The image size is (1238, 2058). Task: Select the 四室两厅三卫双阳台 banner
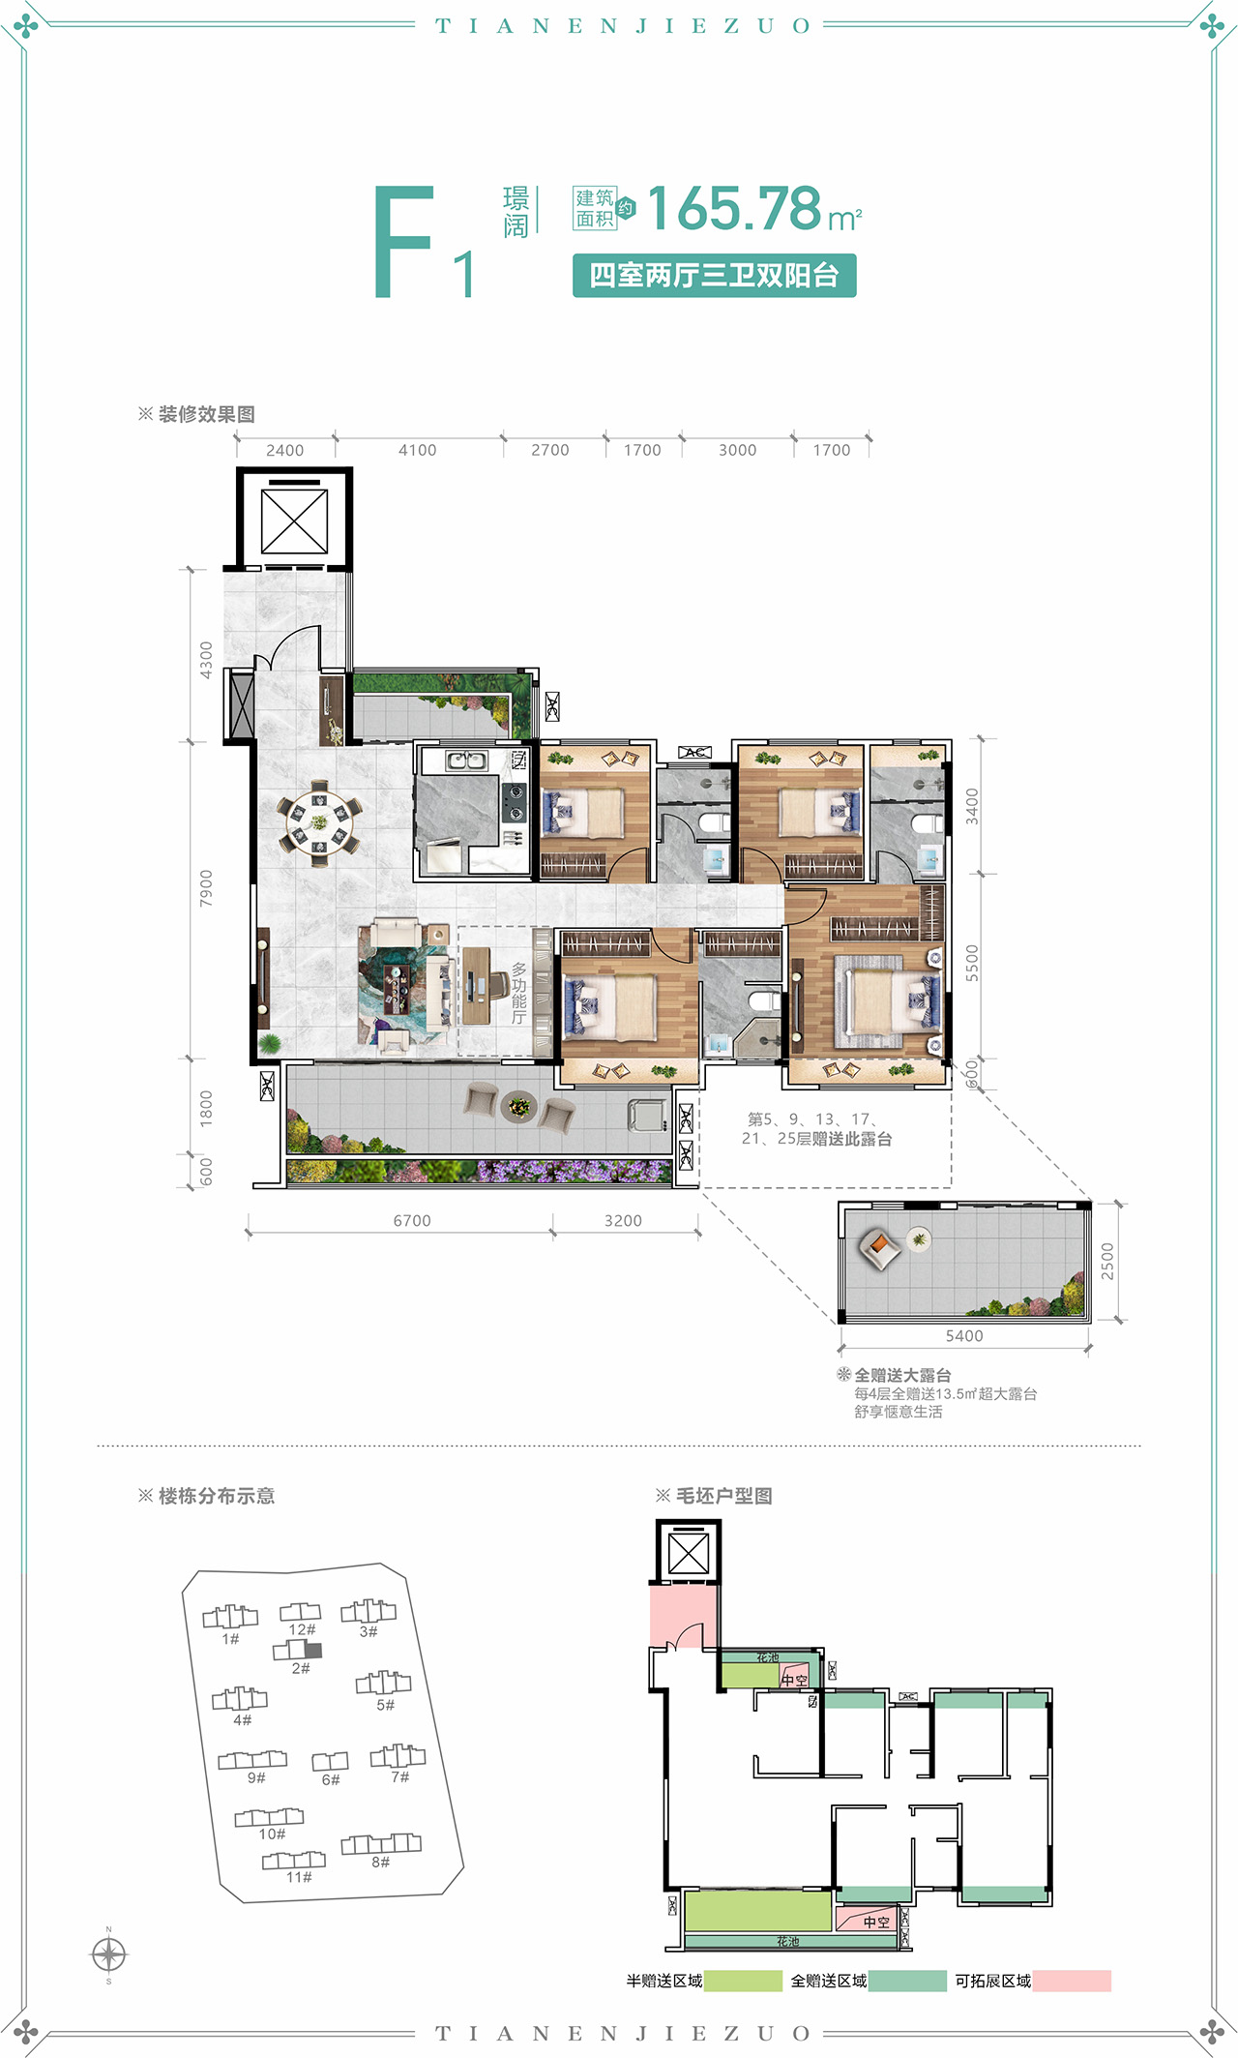(714, 276)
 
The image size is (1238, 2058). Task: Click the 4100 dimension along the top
(418, 450)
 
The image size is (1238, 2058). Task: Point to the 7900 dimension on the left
(206, 887)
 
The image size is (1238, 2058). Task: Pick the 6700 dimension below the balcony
(412, 1221)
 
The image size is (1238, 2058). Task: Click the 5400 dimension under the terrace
(964, 1336)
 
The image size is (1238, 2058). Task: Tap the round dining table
(319, 822)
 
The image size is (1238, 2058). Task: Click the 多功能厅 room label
(519, 993)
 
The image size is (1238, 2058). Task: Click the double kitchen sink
(467, 761)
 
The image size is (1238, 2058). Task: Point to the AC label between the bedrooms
(694, 752)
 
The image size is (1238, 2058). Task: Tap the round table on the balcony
(519, 1107)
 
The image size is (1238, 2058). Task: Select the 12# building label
(302, 1629)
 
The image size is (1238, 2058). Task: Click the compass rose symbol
(108, 1954)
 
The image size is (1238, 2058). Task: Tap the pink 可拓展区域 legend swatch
(1072, 1981)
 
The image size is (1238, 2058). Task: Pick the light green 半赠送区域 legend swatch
(743, 1981)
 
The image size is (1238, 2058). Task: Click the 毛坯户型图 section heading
(723, 1496)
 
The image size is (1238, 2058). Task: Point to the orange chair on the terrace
(879, 1249)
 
